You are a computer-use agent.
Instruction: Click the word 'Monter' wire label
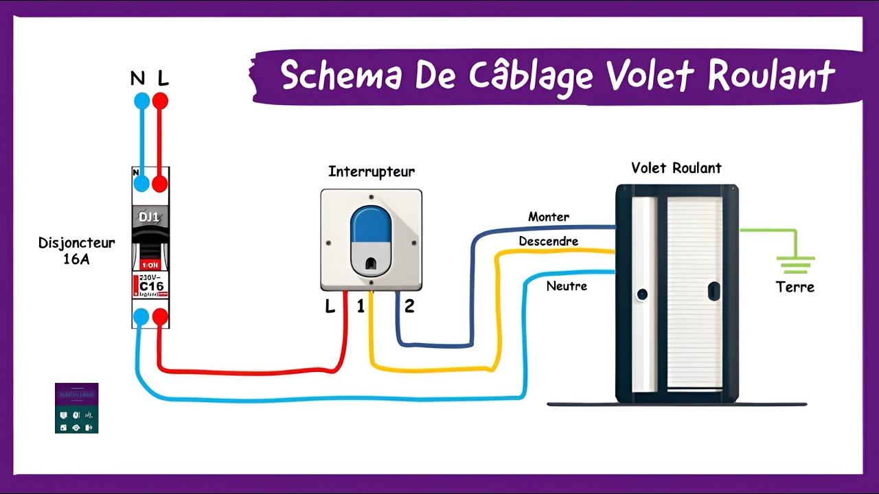pos(549,217)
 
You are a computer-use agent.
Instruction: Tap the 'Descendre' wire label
pos(549,242)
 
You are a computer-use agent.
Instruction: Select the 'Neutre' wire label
pos(567,285)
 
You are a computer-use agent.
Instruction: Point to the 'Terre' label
pos(795,287)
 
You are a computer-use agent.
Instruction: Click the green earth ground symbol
pos(795,264)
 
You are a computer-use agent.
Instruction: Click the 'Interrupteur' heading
pos(372,172)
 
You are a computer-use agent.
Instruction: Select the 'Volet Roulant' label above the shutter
pos(676,168)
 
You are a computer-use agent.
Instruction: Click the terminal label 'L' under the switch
pos(330,307)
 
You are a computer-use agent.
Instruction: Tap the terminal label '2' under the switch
pos(409,307)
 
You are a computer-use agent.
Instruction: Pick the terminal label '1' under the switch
pos(361,307)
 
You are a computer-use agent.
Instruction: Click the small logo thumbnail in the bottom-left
pos(77,408)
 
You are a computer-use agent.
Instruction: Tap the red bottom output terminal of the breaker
pos(160,316)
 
